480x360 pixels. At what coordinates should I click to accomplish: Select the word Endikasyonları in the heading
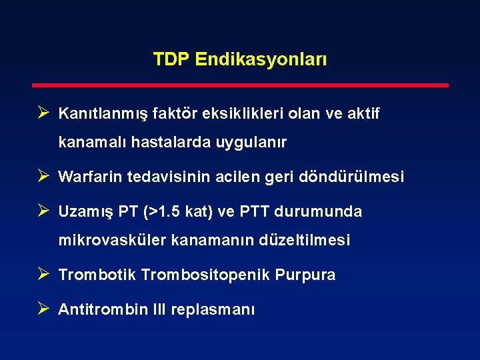coord(261,60)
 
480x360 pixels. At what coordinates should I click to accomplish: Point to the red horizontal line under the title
coord(241,85)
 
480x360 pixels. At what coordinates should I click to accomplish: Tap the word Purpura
coord(307,275)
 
